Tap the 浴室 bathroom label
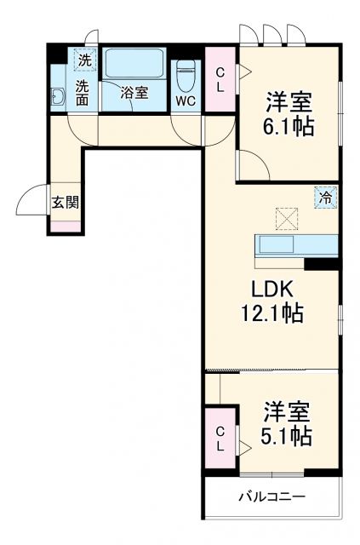[134, 94]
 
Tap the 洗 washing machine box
[84, 60]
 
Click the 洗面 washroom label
[83, 92]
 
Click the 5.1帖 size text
[285, 436]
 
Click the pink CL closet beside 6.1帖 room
[220, 80]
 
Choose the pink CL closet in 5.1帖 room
[220, 439]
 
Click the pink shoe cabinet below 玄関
[66, 227]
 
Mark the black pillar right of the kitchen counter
[323, 264]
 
